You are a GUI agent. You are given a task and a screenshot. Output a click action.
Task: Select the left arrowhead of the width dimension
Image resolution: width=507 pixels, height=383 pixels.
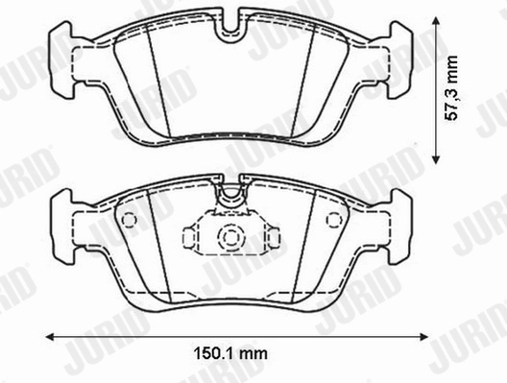coord(49,335)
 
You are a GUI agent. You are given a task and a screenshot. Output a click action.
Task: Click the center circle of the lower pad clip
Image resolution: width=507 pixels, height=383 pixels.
coord(230,238)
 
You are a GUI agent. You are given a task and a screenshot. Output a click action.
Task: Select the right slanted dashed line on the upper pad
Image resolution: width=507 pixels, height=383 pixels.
coord(306,77)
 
